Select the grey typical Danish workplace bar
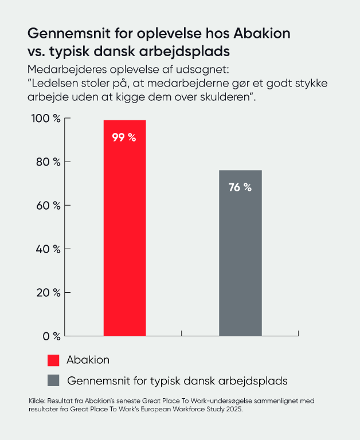240,258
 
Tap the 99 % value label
124,137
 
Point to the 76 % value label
240,187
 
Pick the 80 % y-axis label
49,162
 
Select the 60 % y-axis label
49,206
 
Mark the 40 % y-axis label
49,249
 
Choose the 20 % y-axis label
49,293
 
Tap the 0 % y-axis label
51,336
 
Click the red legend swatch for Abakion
53,360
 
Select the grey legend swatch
53,380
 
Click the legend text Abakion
88,360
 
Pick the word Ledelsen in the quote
53,84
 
